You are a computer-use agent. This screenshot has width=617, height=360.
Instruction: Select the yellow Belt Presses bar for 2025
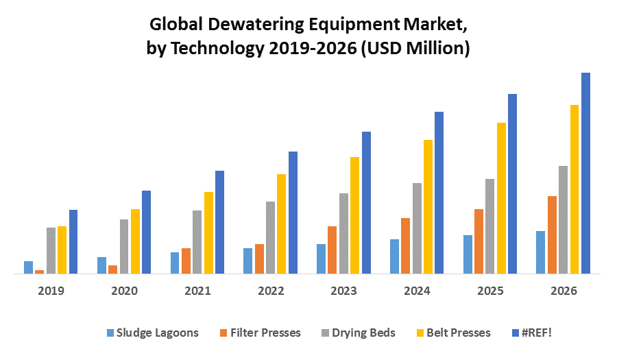pos(501,198)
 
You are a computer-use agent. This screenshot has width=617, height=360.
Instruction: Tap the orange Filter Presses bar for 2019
pos(40,272)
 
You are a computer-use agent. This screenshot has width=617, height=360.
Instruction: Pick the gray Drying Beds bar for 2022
pos(270,237)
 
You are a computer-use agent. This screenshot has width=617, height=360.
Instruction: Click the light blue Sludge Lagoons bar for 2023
pos(321,259)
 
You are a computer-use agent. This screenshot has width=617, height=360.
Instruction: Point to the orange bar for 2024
pos(405,245)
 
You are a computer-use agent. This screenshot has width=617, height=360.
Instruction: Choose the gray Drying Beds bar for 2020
pos(124,246)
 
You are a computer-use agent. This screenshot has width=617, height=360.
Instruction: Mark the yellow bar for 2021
pos(208,232)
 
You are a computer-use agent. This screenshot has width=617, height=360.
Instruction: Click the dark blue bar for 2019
pos(73,241)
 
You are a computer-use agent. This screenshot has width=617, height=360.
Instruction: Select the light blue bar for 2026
pos(540,252)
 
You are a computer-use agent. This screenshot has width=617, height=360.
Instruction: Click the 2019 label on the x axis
pos(51,291)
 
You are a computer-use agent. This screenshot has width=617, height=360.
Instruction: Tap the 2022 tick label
pos(271,291)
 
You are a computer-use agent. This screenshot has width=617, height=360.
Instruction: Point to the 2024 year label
pos(418,291)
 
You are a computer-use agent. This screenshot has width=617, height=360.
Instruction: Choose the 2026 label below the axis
pos(564,291)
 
